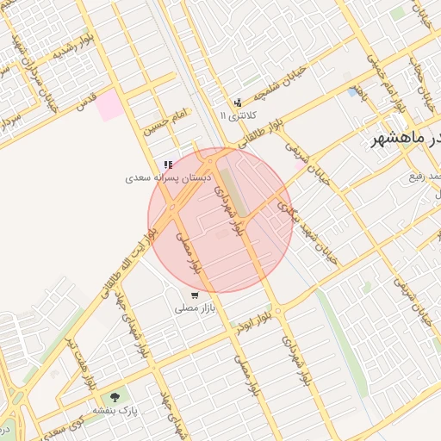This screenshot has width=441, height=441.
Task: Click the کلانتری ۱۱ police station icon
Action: (238, 102)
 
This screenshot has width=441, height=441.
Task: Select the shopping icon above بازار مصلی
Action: (195, 295)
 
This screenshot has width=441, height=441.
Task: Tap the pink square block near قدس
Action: (109, 107)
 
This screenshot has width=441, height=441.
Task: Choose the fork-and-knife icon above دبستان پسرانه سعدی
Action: (168, 165)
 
